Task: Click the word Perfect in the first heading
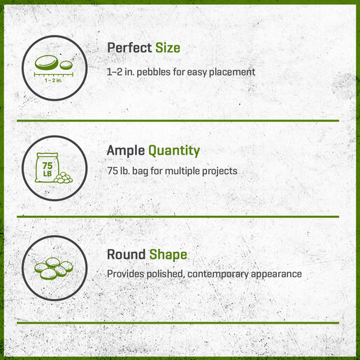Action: [x=129, y=48]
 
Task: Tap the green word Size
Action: [x=168, y=48]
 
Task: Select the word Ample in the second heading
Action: [x=126, y=151]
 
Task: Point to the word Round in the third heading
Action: [x=126, y=254]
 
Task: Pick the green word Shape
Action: [x=168, y=255]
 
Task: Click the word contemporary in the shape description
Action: [x=218, y=274]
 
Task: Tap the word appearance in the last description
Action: [x=276, y=274]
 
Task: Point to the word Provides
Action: [x=125, y=274]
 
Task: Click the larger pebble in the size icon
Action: [x=46, y=62]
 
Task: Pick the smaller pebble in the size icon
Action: [x=66, y=65]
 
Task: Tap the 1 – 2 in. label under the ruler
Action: [x=53, y=80]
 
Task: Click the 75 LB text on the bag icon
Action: [x=48, y=169]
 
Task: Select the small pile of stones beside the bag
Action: [x=63, y=178]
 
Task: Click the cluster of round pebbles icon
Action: [x=54, y=268]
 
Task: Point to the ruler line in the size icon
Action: [x=54, y=75]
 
